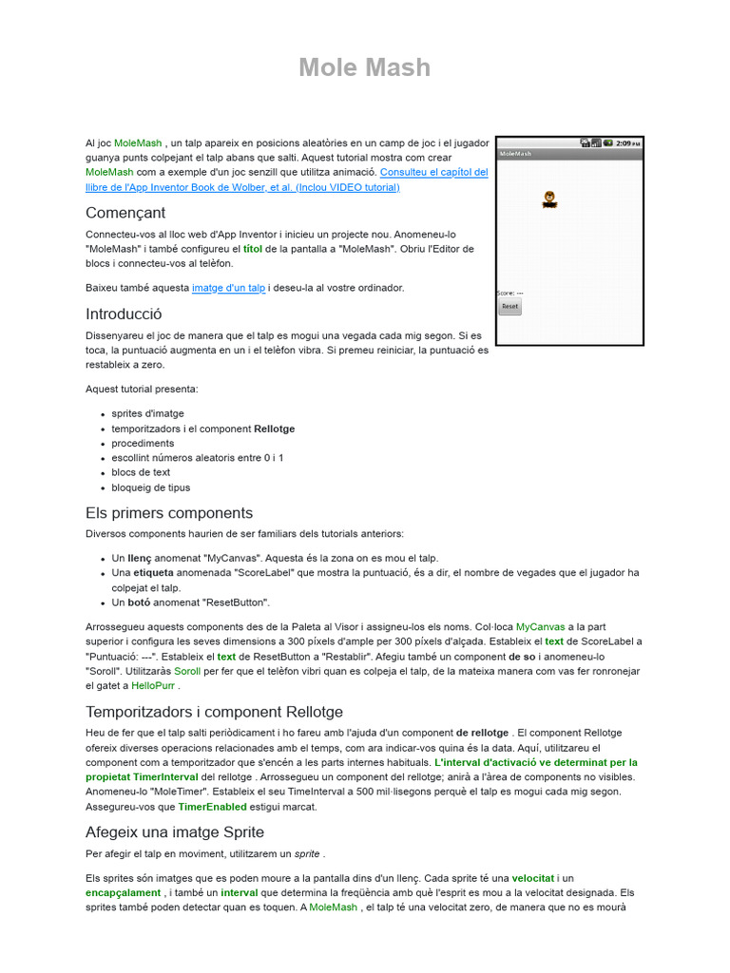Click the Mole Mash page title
[x=364, y=67]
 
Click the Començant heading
[x=125, y=213]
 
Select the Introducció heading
[x=124, y=314]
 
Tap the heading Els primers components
[x=169, y=513]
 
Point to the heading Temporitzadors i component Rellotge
[x=214, y=712]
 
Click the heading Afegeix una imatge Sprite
[x=175, y=832]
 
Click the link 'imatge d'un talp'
[x=228, y=288]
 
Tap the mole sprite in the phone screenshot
[x=549, y=199]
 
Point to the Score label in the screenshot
[x=510, y=293]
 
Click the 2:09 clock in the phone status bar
[x=625, y=143]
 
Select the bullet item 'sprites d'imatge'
[x=147, y=414]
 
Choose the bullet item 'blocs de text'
[x=141, y=472]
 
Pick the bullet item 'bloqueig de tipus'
[x=150, y=487]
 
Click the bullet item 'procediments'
[x=143, y=444]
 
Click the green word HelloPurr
[x=153, y=686]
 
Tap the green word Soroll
[x=187, y=671]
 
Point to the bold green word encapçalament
[x=123, y=893]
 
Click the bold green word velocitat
[x=533, y=879]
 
